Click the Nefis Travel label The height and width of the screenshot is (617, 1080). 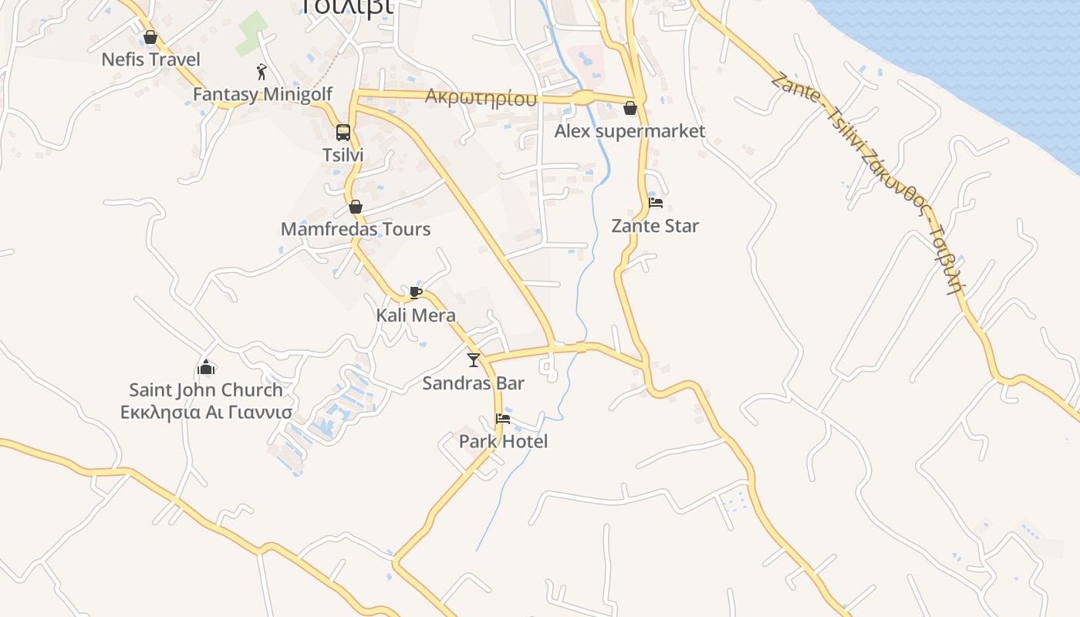(150, 59)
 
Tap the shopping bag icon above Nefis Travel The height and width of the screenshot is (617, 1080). (150, 37)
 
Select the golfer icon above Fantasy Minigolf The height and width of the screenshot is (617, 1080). (262, 72)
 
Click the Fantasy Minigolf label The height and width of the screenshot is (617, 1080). (262, 94)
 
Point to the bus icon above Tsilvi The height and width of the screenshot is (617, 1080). (343, 132)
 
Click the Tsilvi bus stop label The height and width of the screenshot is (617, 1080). (343, 155)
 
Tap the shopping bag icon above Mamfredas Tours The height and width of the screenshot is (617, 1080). (356, 207)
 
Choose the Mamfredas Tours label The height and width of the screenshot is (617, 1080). (356, 229)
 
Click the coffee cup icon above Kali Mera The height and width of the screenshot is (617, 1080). (416, 292)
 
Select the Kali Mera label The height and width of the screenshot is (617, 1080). (416, 315)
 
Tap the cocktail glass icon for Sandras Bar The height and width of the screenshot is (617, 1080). (474, 360)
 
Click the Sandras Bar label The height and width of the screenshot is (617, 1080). (474, 383)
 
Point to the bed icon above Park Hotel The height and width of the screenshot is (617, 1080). (503, 419)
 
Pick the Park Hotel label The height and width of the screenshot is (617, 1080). (503, 441)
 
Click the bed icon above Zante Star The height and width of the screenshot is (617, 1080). (656, 203)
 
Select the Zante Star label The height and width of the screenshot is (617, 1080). (655, 226)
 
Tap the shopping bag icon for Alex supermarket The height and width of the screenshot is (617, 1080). (630, 108)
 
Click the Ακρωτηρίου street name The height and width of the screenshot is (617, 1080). (481, 98)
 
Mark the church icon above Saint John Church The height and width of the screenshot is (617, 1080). (206, 367)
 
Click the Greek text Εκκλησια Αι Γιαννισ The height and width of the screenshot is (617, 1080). (206, 413)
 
